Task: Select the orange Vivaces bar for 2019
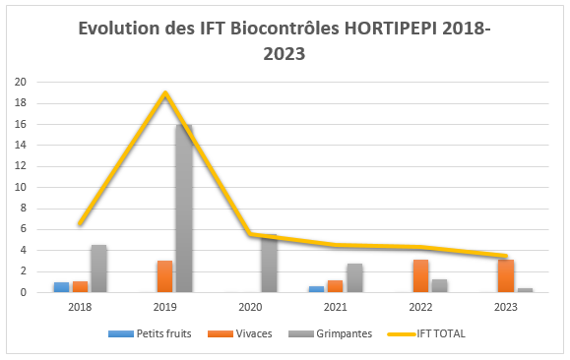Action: (x=165, y=276)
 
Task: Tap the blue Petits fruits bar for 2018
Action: (x=61, y=287)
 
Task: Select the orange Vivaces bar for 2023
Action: (x=506, y=276)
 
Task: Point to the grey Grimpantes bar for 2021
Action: (x=354, y=278)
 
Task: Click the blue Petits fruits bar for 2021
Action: (x=317, y=289)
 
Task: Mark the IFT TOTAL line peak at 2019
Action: (x=165, y=93)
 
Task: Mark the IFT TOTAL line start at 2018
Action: (x=80, y=224)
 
